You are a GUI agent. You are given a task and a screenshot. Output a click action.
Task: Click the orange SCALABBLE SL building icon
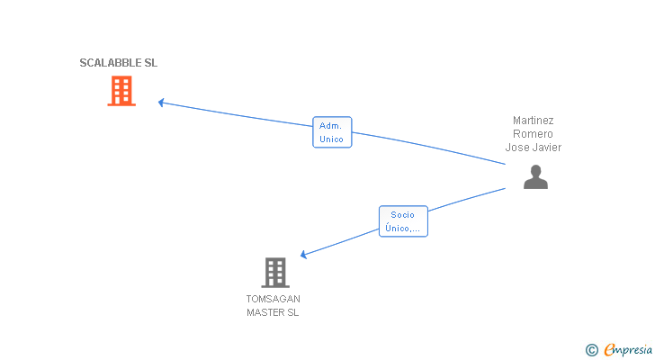(x=121, y=91)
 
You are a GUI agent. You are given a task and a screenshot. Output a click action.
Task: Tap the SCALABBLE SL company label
(x=118, y=63)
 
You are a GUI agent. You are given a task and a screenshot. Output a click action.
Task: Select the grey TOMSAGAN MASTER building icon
(x=274, y=272)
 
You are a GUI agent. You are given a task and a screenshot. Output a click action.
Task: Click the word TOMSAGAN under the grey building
(x=273, y=299)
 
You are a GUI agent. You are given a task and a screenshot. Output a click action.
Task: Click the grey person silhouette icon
(x=535, y=177)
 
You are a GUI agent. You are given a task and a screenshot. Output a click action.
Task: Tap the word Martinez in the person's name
(x=533, y=120)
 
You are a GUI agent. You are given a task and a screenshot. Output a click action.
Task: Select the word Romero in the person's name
(x=533, y=133)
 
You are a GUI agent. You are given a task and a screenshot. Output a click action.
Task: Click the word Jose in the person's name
(x=517, y=147)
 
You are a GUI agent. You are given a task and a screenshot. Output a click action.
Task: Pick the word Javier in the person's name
(x=546, y=147)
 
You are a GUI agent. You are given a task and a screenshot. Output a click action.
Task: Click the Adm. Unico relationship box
(x=331, y=132)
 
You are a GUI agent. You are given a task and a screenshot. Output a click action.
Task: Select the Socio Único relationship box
(x=402, y=221)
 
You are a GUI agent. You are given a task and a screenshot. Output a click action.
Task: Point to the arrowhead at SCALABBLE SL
(x=161, y=102)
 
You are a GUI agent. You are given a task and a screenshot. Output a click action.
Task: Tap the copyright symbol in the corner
(x=591, y=350)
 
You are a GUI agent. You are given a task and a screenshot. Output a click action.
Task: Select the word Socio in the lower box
(x=402, y=214)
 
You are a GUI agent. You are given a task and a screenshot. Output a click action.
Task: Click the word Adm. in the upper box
(x=330, y=126)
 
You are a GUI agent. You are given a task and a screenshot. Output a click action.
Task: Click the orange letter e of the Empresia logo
(x=609, y=350)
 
